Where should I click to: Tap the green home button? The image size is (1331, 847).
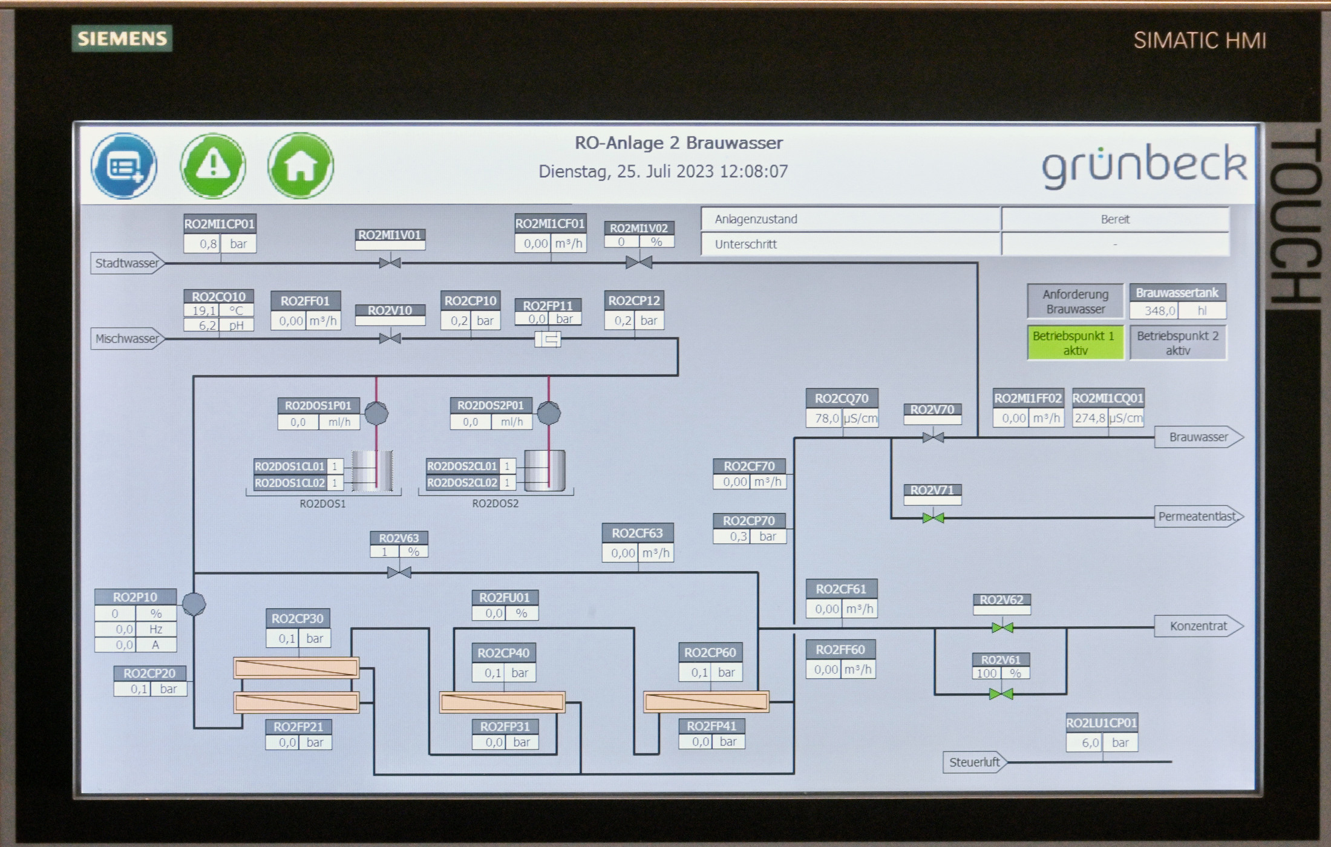(x=301, y=165)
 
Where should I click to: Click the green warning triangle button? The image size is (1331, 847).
(x=212, y=165)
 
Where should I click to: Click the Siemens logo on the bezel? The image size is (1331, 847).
(x=122, y=39)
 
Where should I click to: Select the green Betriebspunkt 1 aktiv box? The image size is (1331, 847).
(x=1075, y=343)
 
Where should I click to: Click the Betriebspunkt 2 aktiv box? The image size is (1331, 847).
(x=1177, y=343)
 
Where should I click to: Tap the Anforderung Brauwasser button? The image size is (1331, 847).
(x=1075, y=301)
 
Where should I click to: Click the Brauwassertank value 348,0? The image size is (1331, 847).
(x=1159, y=311)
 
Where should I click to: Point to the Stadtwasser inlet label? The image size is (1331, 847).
(x=127, y=263)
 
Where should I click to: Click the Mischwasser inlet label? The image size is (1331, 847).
(x=127, y=339)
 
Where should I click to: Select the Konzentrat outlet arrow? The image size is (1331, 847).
(x=1198, y=626)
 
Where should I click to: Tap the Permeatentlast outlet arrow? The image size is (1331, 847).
(x=1198, y=517)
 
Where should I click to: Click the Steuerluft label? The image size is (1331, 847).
(x=974, y=762)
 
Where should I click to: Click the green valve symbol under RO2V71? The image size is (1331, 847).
(x=933, y=518)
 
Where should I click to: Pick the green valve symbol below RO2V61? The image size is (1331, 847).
(x=1001, y=694)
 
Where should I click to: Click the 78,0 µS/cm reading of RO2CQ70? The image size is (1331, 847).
(x=826, y=418)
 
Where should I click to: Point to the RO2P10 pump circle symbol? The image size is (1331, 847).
(x=194, y=604)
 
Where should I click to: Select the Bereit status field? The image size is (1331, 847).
(x=1115, y=220)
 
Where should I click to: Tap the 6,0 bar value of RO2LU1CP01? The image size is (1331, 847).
(x=1090, y=743)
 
